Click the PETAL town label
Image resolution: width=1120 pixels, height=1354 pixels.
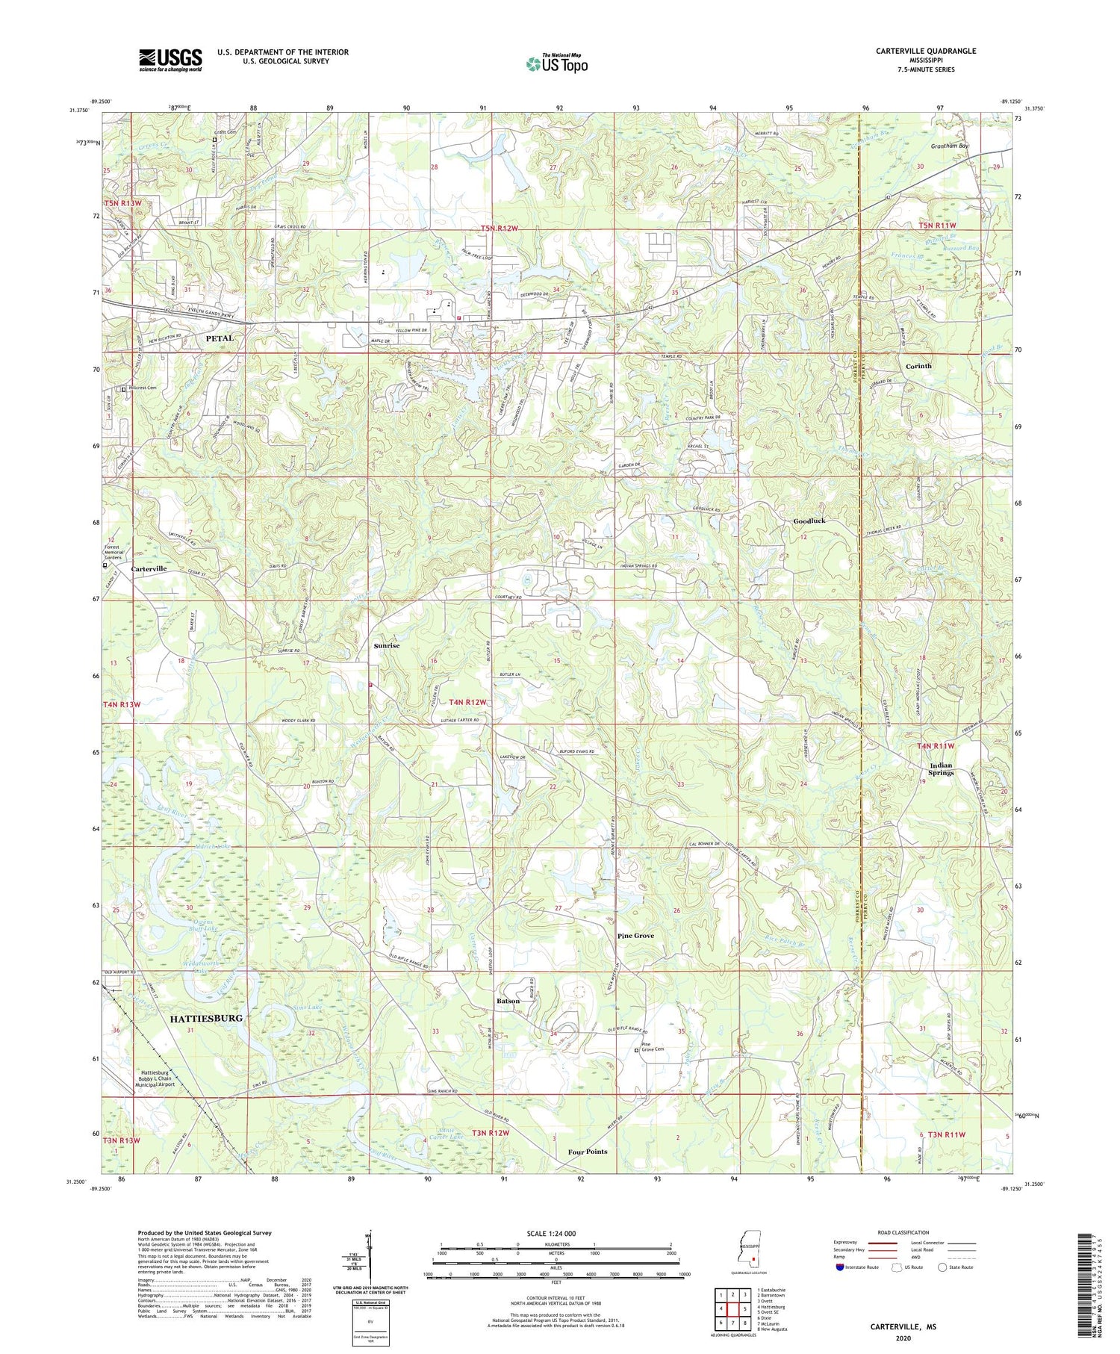(220, 338)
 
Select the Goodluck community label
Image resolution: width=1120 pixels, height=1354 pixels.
(809, 521)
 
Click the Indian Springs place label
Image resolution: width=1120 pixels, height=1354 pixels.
(940, 768)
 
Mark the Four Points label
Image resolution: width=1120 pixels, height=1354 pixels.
(587, 1152)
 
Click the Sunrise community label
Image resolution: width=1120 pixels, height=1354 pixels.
(387, 646)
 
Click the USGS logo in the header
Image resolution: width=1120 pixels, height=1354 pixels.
(170, 60)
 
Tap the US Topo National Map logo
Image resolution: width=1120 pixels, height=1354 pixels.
(556, 63)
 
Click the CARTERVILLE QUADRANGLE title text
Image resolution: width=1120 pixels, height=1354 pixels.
(916, 51)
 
